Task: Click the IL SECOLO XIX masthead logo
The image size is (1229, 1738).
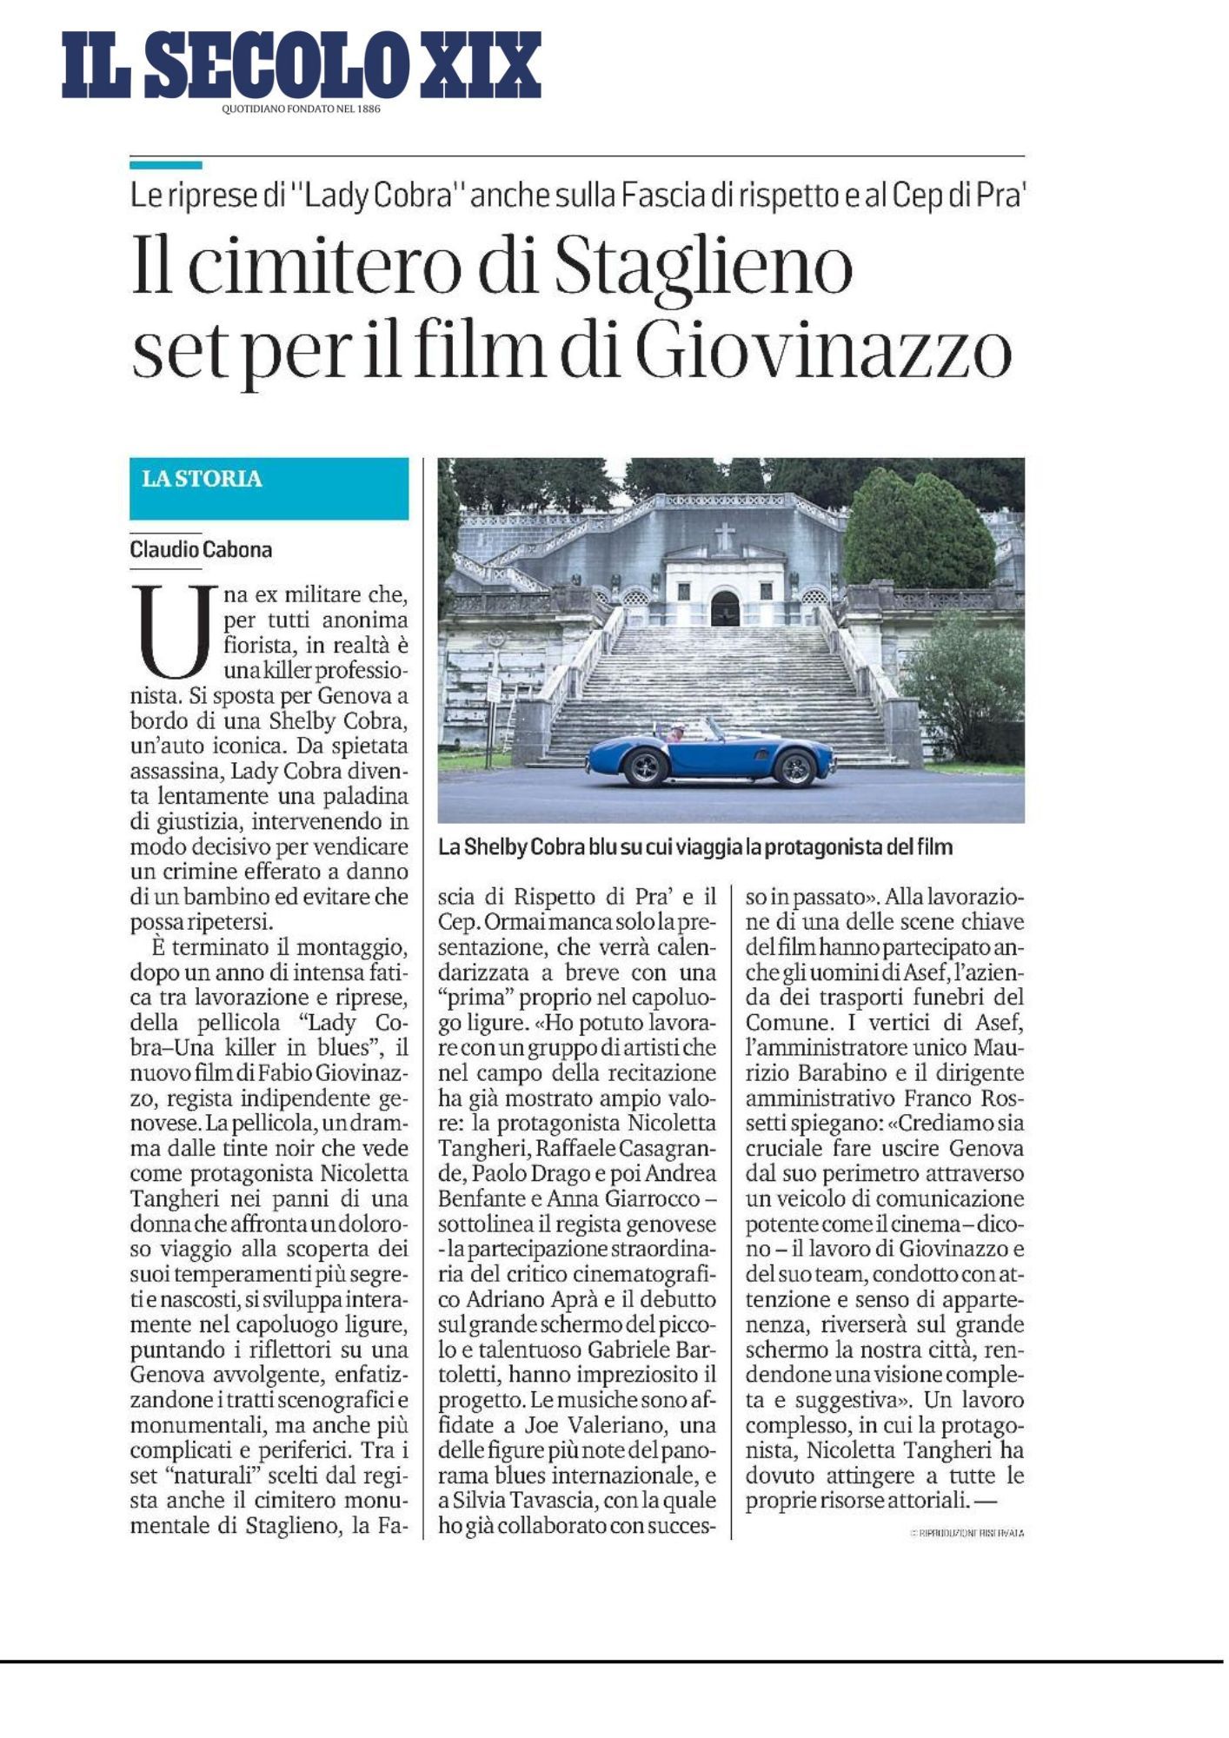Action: tap(301, 65)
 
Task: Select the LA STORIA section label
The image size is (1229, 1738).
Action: tap(202, 479)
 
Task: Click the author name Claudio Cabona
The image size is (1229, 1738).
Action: tap(201, 549)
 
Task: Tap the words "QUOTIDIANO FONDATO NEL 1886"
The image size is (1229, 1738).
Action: tap(301, 109)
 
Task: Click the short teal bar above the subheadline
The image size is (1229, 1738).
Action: tap(166, 164)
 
